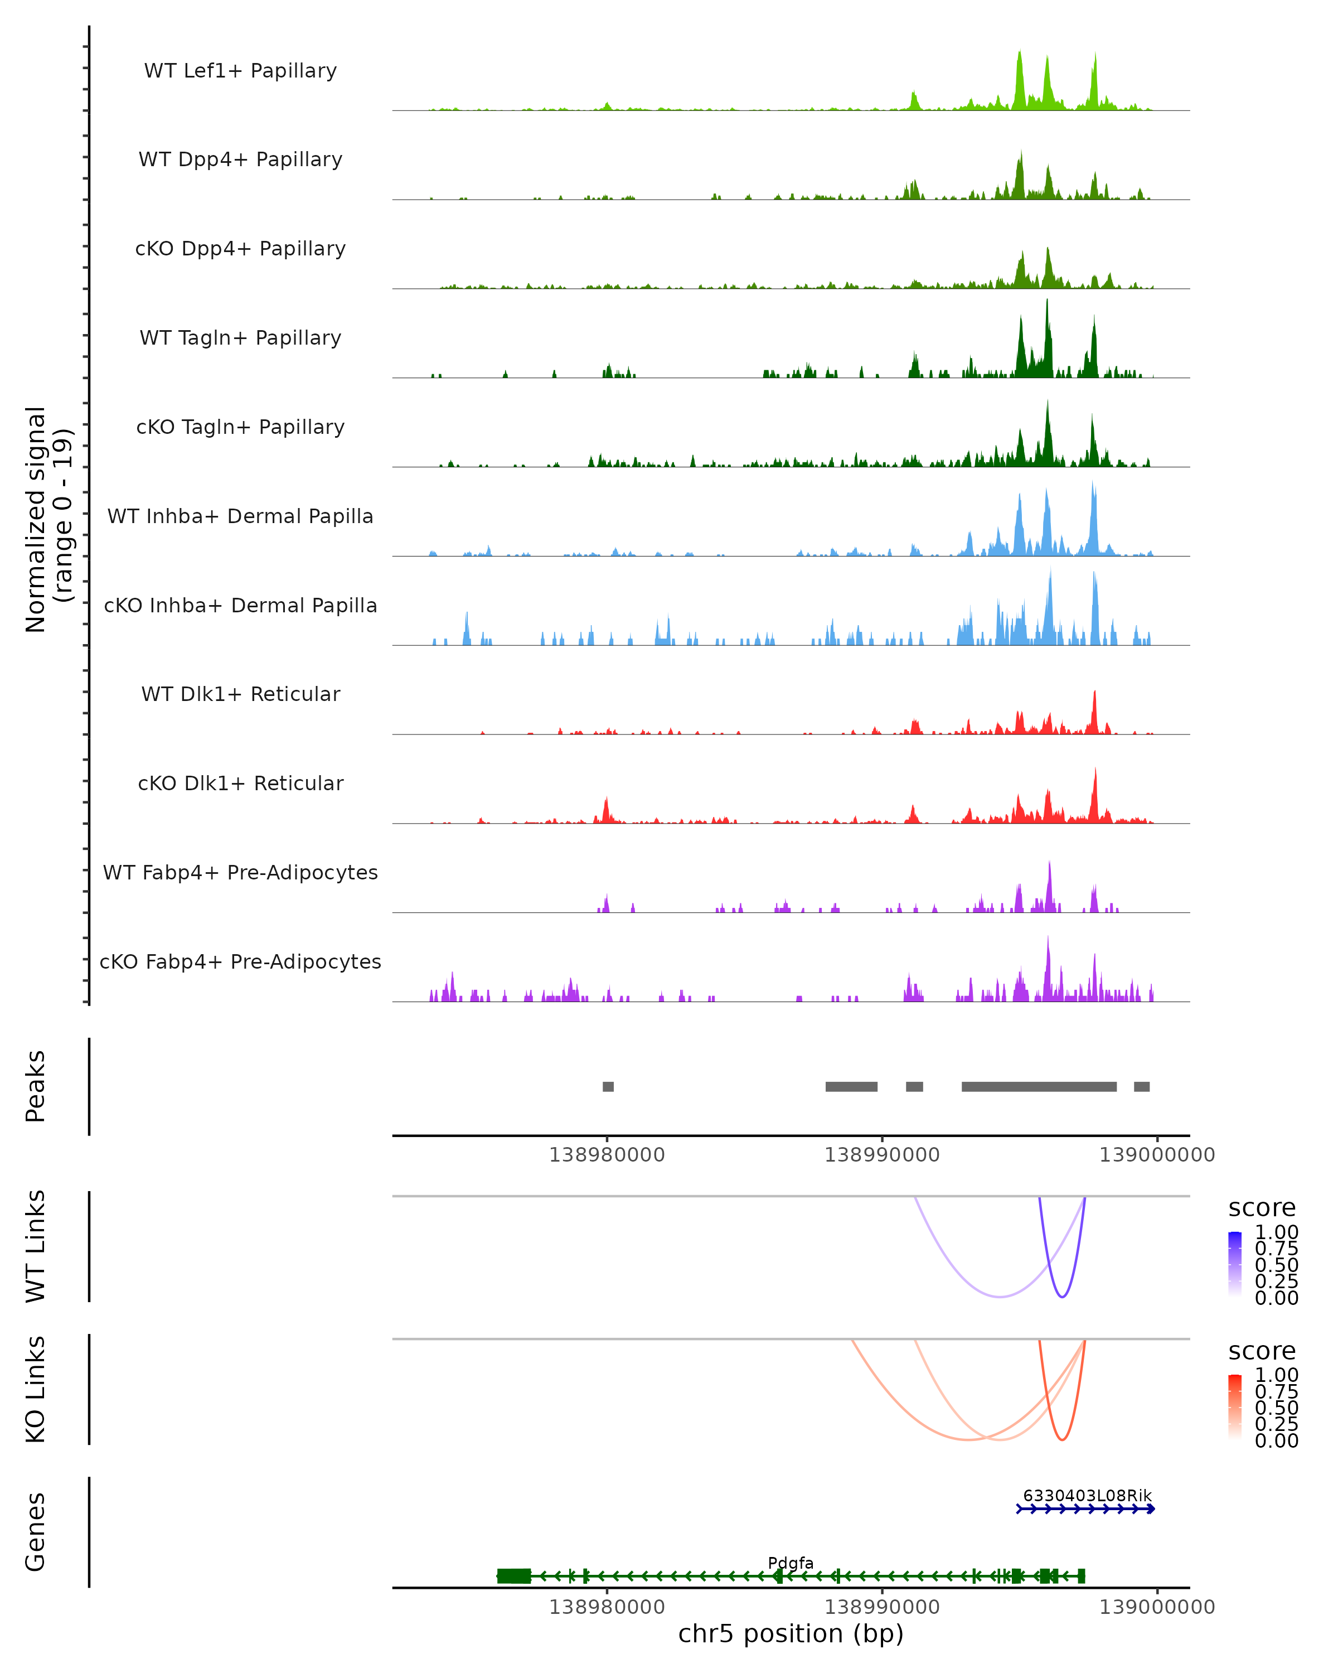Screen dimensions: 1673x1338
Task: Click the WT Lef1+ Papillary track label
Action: point(240,71)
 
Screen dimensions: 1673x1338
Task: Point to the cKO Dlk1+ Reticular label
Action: point(240,783)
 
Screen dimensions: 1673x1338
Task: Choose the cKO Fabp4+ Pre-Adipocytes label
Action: point(240,961)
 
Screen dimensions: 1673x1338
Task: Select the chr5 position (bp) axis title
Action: point(791,1633)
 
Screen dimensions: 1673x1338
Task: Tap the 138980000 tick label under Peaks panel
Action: point(607,1155)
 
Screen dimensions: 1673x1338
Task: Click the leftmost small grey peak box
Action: point(608,1086)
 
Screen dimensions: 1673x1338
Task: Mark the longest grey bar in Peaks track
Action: point(1039,1086)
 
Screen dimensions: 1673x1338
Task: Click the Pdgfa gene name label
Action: point(791,1563)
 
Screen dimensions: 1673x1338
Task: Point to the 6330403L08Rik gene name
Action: point(1087,1495)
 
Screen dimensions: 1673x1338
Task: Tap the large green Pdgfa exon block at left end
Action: point(513,1576)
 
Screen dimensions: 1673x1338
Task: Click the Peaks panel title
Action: point(36,1086)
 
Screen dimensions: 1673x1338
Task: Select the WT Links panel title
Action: point(36,1246)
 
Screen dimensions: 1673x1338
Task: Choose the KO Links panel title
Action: point(36,1389)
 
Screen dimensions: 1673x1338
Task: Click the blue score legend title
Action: point(1261,1208)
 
